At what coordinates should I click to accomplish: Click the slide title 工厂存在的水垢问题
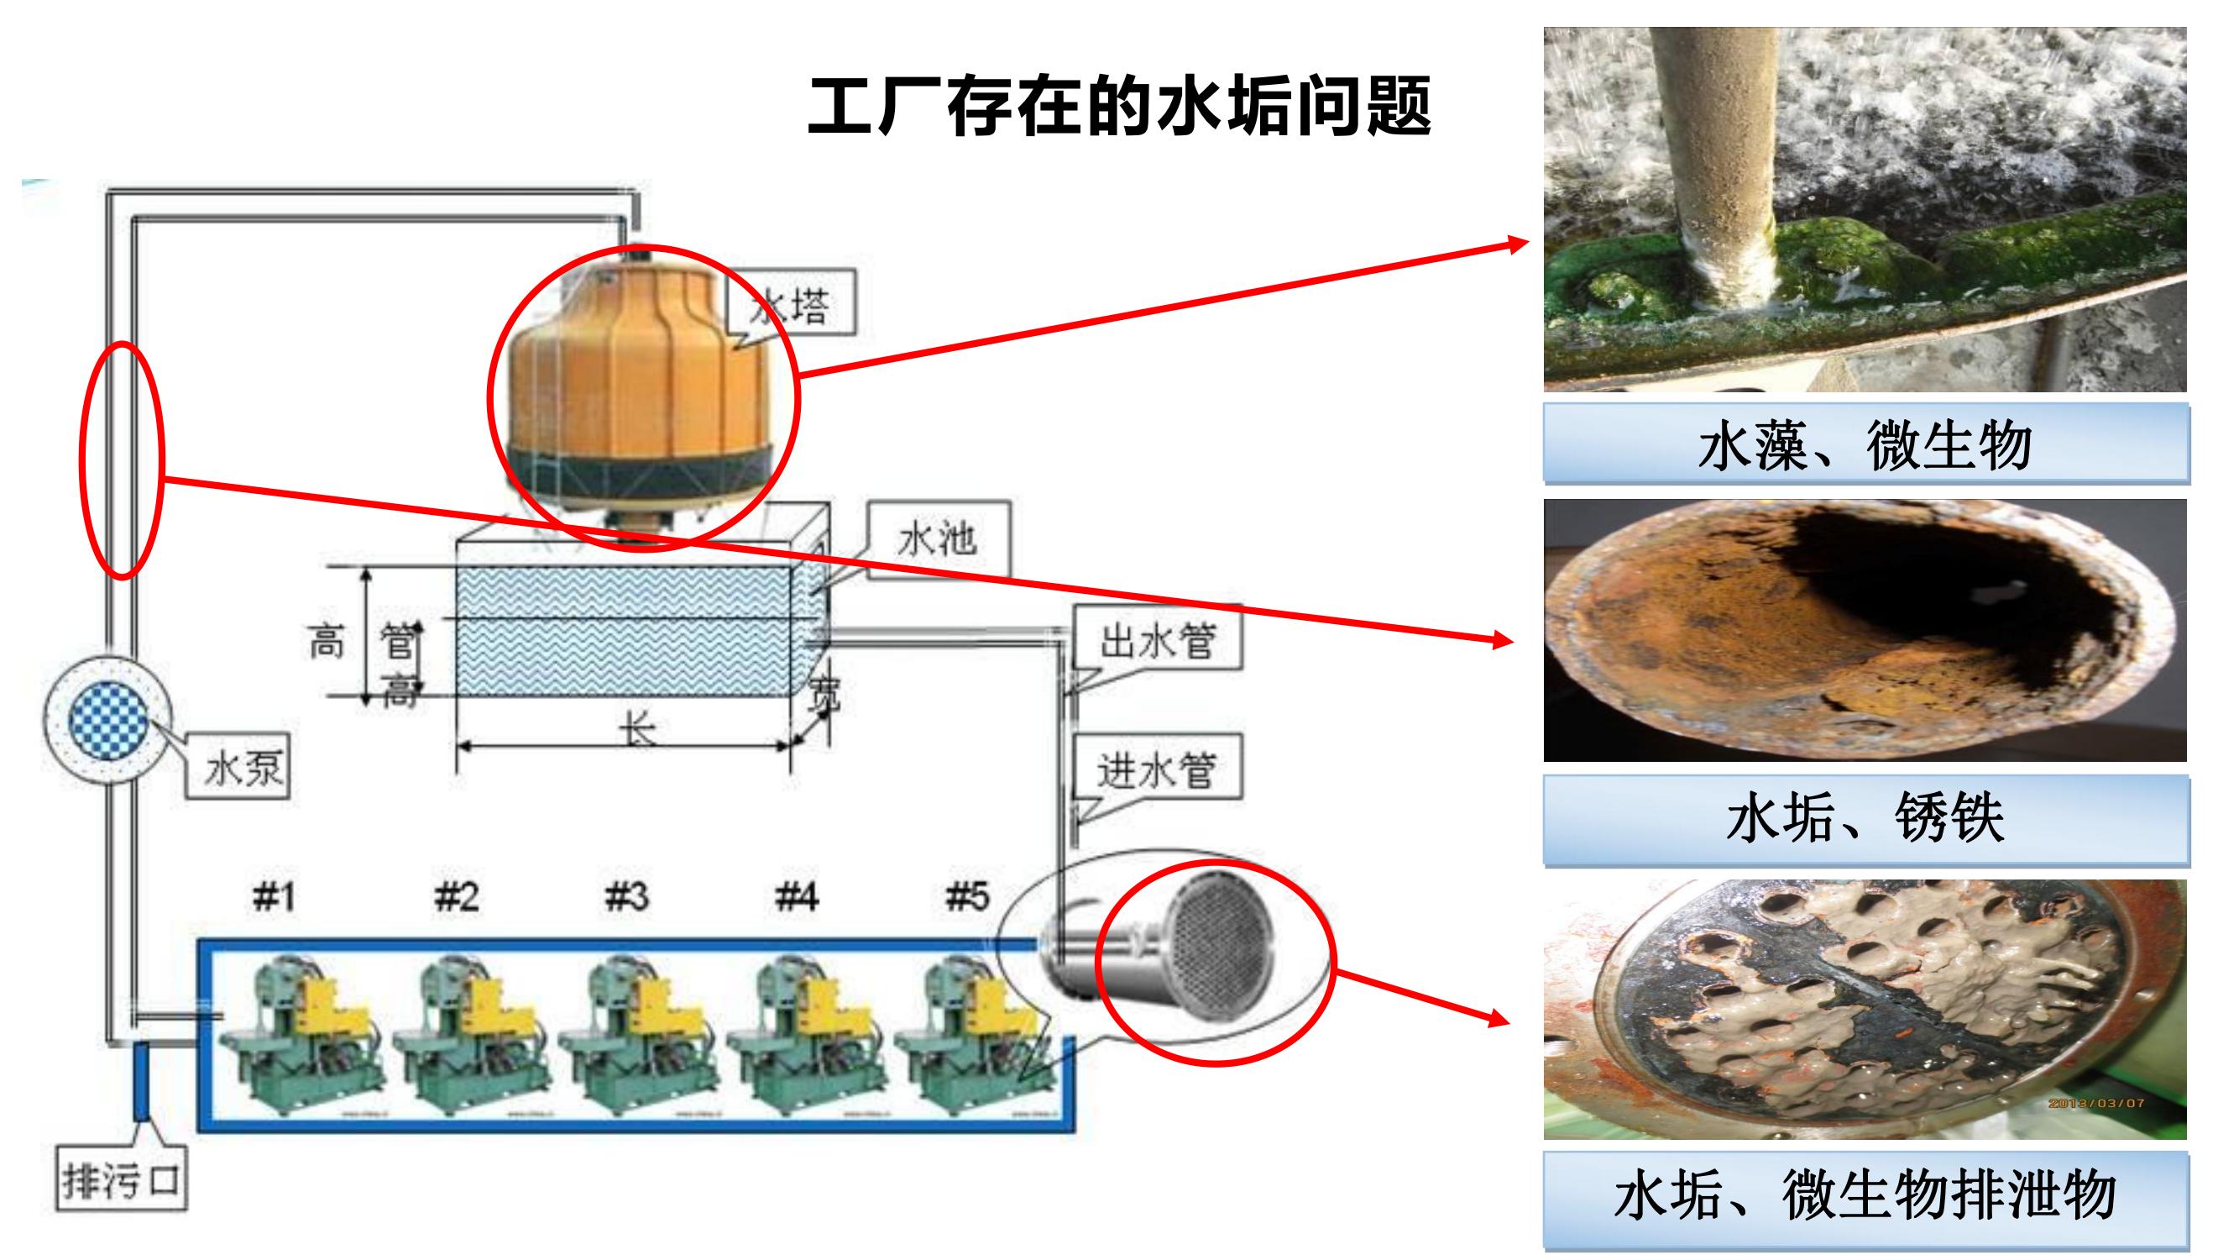[x=1120, y=107]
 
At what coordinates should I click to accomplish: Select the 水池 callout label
[x=937, y=539]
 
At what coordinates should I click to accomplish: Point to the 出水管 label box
[x=1157, y=641]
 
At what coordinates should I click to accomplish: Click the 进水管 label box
[x=1156, y=769]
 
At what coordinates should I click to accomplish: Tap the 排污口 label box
[x=121, y=1180]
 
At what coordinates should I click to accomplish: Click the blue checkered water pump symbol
[x=107, y=720]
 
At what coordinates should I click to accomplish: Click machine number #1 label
[x=274, y=895]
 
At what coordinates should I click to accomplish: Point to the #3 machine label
[x=626, y=895]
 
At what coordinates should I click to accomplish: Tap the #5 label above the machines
[x=966, y=895]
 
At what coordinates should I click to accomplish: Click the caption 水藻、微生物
[x=1865, y=444]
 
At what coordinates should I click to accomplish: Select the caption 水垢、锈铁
[x=1865, y=818]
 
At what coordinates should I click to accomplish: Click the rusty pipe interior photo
[x=1865, y=631]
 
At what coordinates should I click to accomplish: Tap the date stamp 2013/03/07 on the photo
[x=2096, y=1103]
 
